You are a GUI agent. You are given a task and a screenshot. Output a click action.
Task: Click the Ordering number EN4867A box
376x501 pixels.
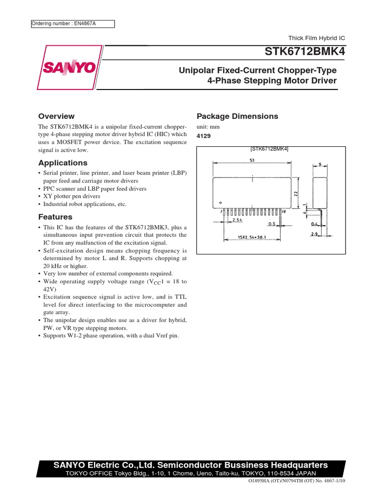[x=72, y=24]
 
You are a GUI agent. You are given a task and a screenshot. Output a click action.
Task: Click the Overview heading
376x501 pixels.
[x=56, y=116]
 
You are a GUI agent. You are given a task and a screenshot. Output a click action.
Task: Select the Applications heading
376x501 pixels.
[x=63, y=163]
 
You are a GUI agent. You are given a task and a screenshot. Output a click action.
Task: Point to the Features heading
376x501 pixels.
[x=55, y=217]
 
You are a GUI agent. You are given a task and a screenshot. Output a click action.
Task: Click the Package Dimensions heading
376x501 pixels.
[x=237, y=116]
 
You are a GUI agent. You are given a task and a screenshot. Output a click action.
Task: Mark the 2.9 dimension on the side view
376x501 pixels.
[x=315, y=234]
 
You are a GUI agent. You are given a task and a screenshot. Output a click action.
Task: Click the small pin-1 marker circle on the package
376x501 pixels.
[x=220, y=202]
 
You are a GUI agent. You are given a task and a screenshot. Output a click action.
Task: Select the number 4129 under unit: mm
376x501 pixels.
[x=204, y=136]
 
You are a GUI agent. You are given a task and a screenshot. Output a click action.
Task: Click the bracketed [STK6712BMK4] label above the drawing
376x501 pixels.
[x=269, y=149]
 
